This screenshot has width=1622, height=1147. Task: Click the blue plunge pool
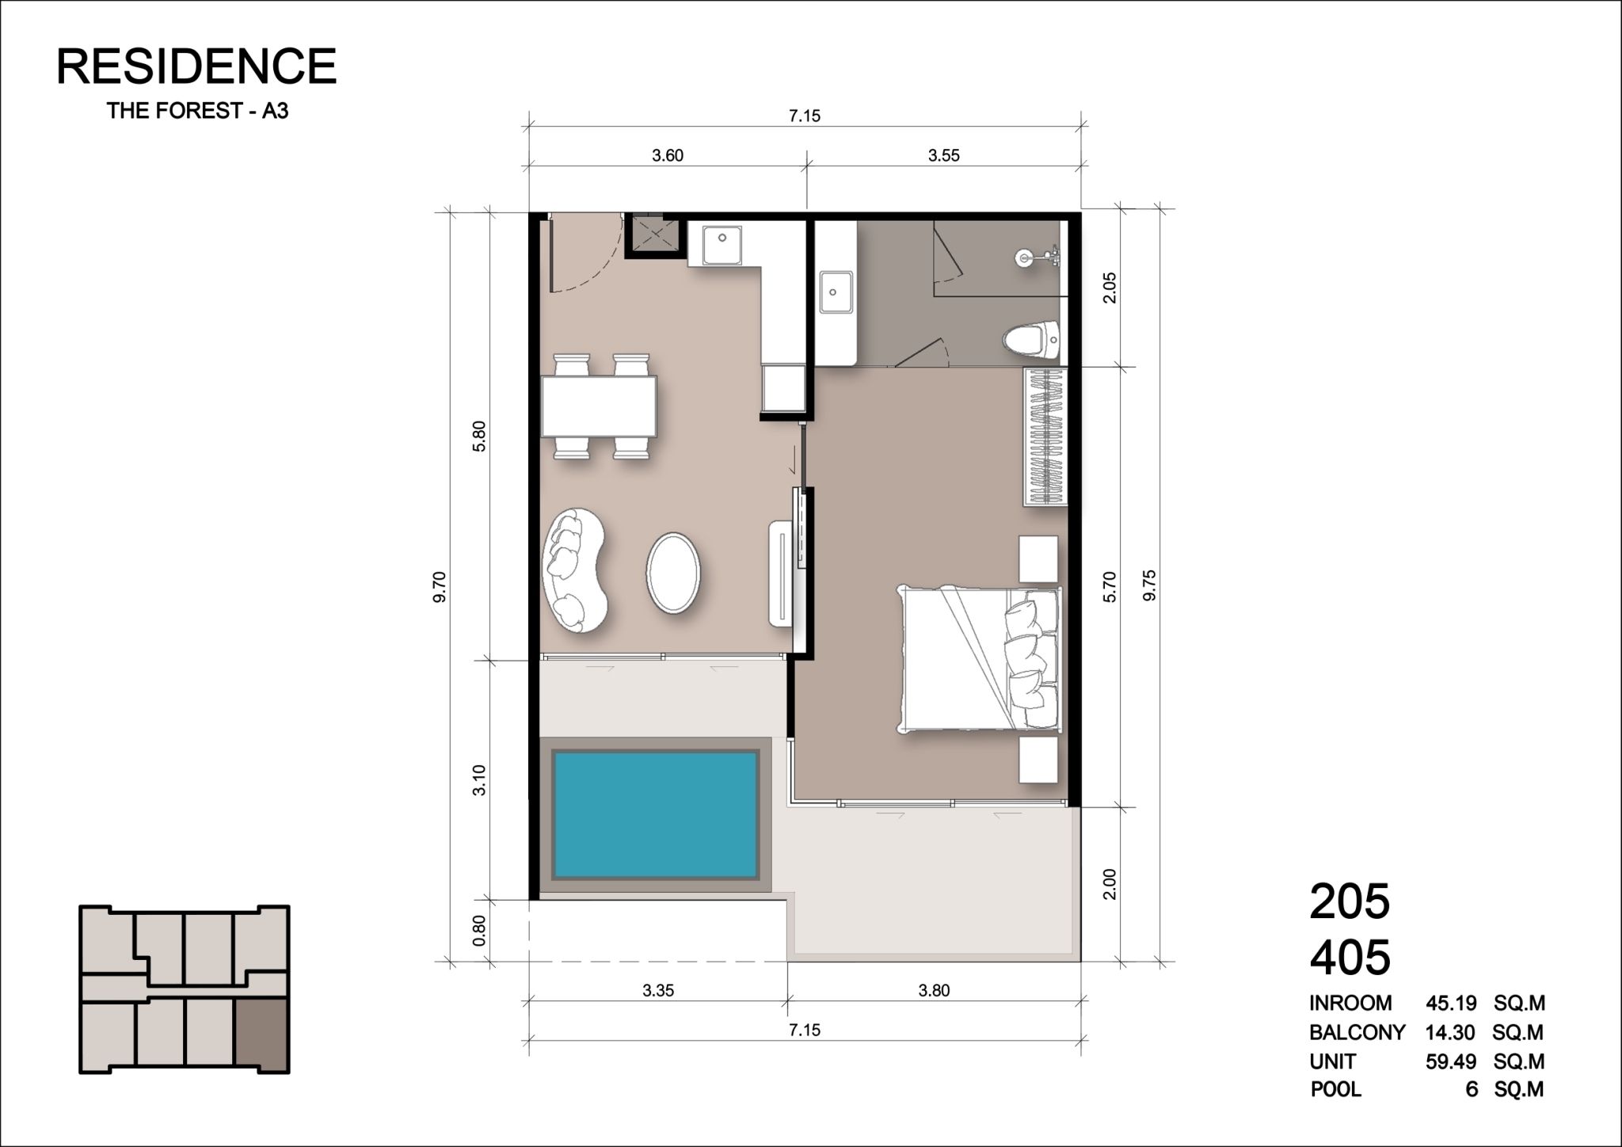click(x=655, y=814)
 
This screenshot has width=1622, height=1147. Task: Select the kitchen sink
click(x=722, y=246)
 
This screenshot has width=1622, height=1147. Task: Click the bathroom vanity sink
click(x=835, y=292)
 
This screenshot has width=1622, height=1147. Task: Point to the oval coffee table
click(x=673, y=570)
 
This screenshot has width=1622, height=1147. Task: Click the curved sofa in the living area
click(x=573, y=570)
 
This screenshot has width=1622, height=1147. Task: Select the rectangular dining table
click(x=600, y=406)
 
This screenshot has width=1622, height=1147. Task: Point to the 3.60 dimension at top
click(x=668, y=155)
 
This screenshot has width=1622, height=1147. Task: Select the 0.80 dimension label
click(x=478, y=931)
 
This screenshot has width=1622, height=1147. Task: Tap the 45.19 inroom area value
click(x=1451, y=1004)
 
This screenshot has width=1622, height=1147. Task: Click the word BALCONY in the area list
click(x=1357, y=1032)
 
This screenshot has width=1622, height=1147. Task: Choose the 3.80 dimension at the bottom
click(x=934, y=990)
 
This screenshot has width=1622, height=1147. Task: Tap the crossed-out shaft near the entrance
click(x=653, y=235)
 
